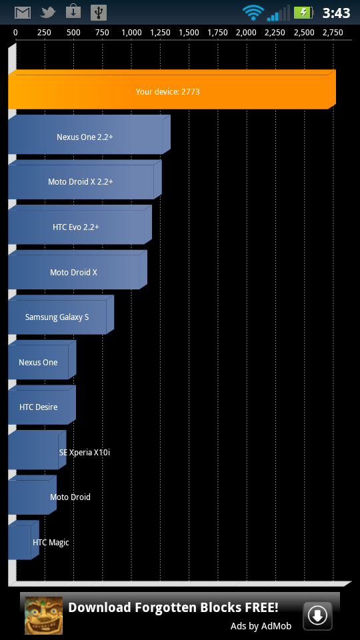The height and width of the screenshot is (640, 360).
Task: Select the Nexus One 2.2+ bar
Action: point(89,135)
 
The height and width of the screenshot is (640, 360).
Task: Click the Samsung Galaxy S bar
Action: point(61,315)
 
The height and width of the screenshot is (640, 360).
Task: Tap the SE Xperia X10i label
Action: point(85,452)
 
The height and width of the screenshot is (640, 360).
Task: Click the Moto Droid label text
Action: point(70,497)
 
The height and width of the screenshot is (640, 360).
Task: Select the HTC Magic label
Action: point(51,543)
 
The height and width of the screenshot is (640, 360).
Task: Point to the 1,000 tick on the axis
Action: point(131,33)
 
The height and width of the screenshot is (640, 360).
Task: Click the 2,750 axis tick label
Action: point(333,33)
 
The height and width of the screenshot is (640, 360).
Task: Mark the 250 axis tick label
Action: point(45,33)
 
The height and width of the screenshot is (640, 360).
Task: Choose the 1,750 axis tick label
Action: point(217,33)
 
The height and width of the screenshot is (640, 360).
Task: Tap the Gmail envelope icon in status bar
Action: point(23,13)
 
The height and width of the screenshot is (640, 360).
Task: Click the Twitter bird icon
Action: point(48,13)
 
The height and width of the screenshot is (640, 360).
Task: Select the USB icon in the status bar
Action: point(99,13)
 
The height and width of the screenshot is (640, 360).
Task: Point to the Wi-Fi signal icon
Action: point(253,13)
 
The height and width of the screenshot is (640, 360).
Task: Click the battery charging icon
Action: point(303,13)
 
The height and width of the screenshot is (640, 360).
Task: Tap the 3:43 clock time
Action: point(336,13)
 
